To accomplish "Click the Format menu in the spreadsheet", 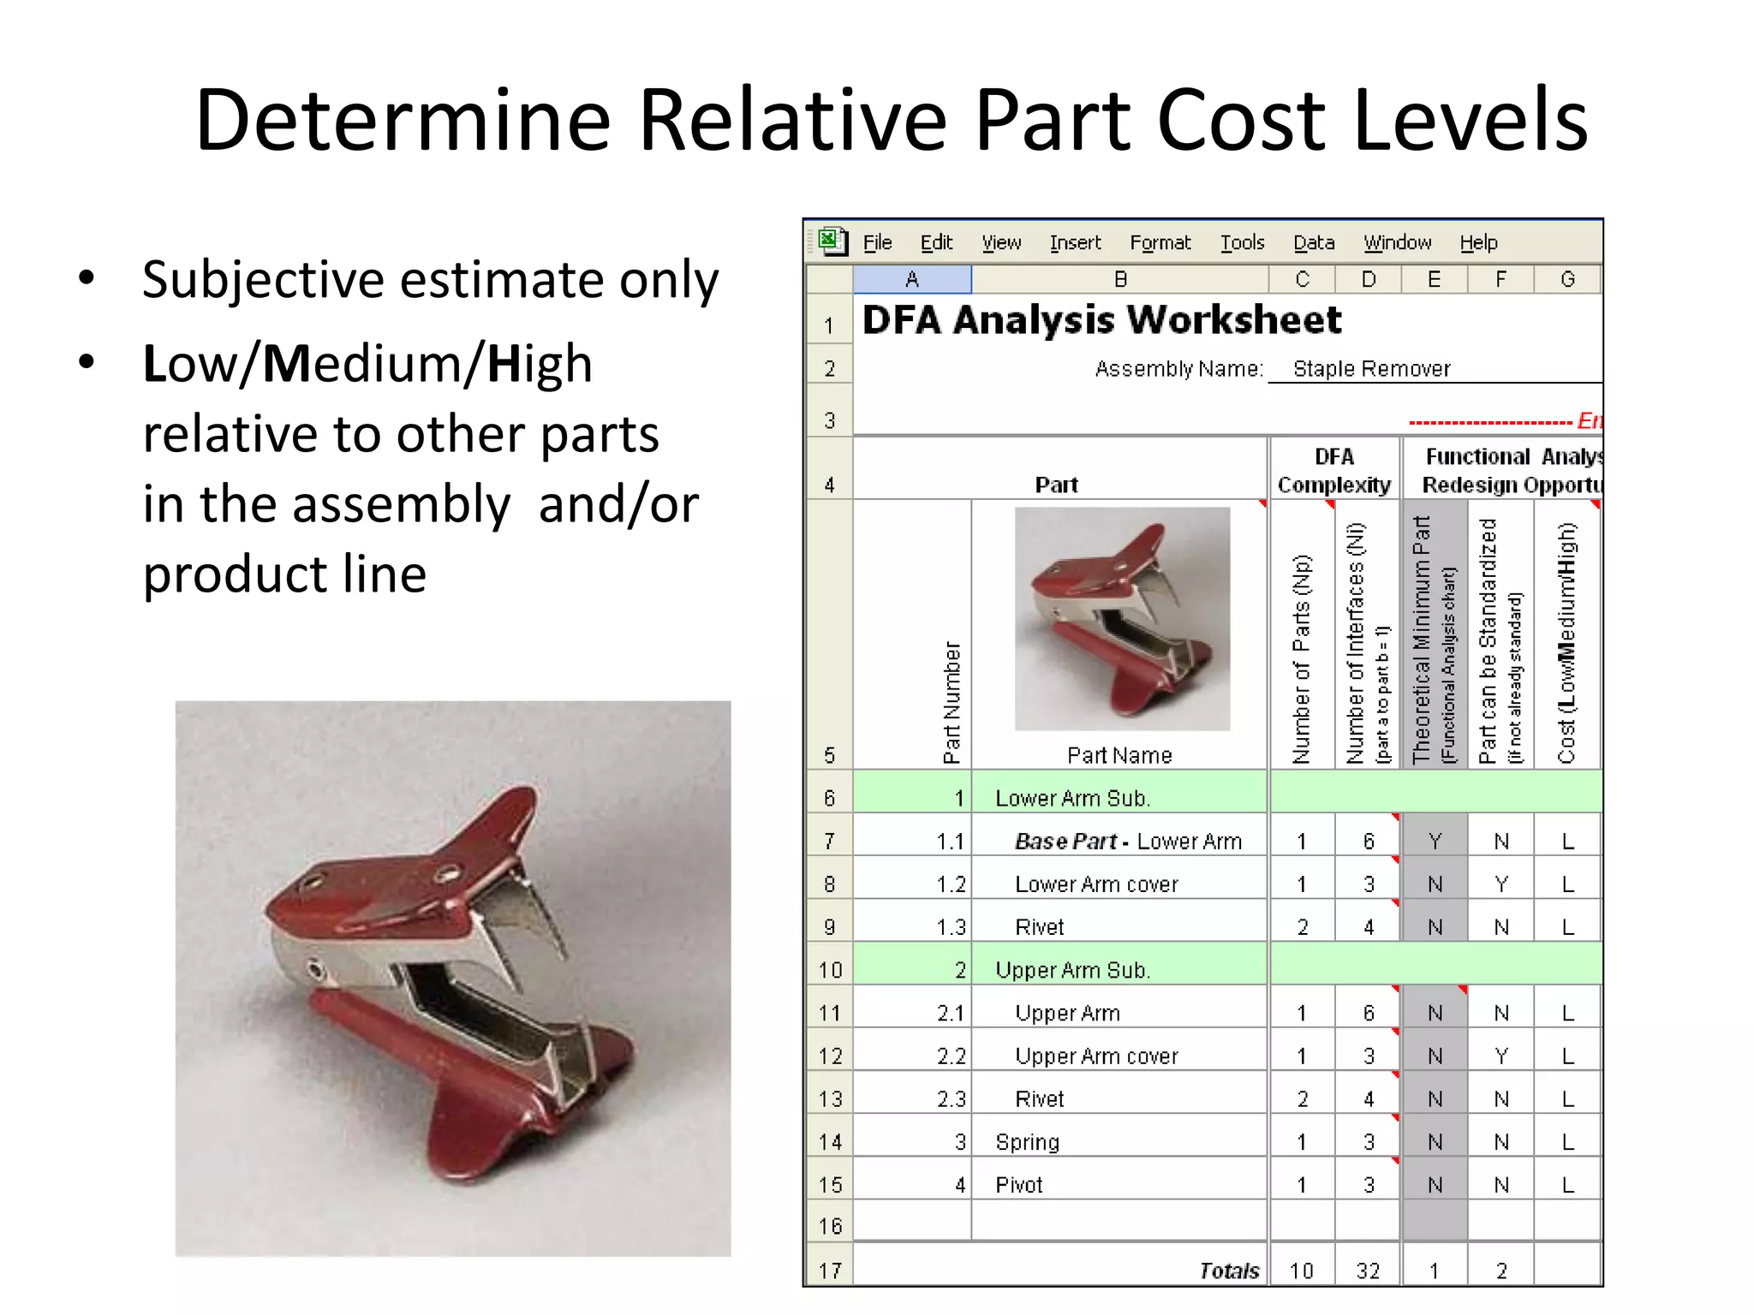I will pos(1160,243).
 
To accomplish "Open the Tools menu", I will pos(1242,243).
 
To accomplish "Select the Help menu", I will pos(1478,243).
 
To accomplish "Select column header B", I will pos(1119,279).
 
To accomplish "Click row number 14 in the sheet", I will pos(829,1142).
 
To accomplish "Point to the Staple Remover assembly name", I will pos(1371,369).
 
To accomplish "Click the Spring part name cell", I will pos(1027,1142).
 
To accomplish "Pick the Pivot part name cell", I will pos(1018,1185).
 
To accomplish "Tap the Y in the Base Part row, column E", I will pos(1435,842).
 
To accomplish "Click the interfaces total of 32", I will pos(1368,1271).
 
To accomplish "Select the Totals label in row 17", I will pos(1229,1271).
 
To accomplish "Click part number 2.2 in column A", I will pos(951,1056).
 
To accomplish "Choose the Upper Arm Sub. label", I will pos(1072,971).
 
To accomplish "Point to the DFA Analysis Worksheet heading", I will pos(1101,320).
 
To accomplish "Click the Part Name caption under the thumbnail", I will pos(1119,755).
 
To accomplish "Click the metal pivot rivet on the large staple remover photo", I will pos(317,970).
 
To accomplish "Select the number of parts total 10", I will pos(1301,1271).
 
